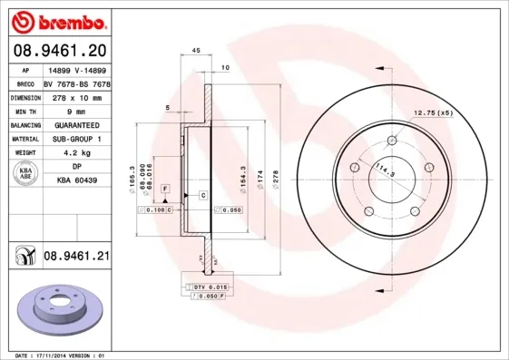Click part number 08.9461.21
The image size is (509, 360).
tap(76, 257)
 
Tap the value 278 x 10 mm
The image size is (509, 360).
tap(76, 95)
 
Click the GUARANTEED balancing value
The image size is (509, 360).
tap(76, 124)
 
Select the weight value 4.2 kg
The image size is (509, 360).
tap(76, 153)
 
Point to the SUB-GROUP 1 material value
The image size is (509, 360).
tap(76, 139)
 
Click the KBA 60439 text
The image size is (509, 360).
tap(76, 180)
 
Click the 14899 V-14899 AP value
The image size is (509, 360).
tap(76, 67)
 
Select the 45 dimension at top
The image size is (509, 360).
tap(195, 53)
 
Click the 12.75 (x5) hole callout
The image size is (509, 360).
tap(433, 112)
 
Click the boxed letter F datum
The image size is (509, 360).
tap(165, 187)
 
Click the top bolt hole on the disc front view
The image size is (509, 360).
tap(392, 141)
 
